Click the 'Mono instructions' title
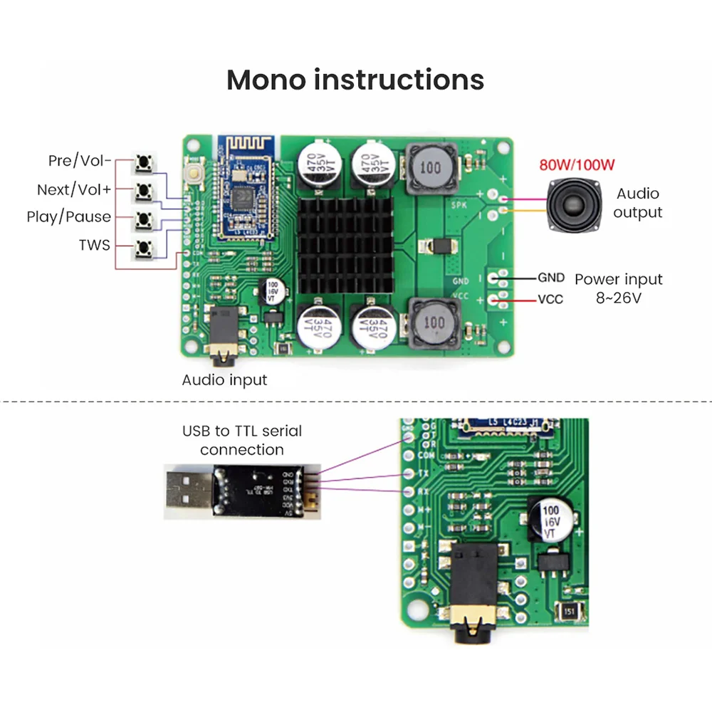point(355,80)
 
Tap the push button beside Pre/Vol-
point(145,163)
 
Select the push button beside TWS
point(145,248)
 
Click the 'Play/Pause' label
point(69,217)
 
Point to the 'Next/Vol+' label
point(74,189)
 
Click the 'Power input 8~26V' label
point(618,288)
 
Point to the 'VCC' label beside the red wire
point(550,299)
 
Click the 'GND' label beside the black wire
point(550,278)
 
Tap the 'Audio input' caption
point(224,379)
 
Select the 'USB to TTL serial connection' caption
point(241,440)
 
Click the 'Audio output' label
point(637,203)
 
